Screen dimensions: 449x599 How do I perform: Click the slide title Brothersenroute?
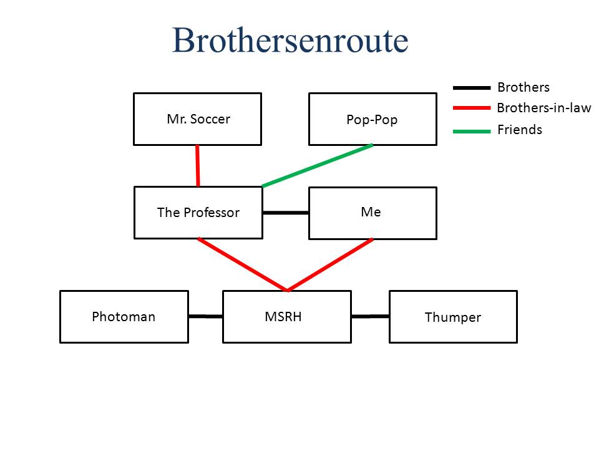click(x=290, y=41)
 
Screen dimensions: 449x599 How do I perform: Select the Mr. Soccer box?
click(x=197, y=119)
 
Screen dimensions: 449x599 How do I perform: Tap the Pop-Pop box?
click(x=373, y=119)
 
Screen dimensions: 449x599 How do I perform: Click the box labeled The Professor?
click(x=198, y=213)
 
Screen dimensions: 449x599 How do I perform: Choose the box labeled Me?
click(x=373, y=213)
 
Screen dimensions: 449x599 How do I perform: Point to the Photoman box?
click(x=124, y=317)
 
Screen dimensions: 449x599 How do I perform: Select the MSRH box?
click(x=286, y=317)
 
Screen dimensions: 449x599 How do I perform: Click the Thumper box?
click(x=453, y=317)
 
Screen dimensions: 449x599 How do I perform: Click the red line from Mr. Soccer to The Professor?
click(x=198, y=166)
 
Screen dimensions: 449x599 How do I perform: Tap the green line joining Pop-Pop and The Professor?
click(x=318, y=165)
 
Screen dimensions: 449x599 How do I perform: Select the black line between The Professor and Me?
click(x=285, y=213)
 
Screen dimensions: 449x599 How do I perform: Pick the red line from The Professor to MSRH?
click(x=242, y=264)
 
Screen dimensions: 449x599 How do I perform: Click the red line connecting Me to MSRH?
click(x=330, y=264)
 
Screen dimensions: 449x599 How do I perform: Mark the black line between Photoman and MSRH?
click(x=205, y=316)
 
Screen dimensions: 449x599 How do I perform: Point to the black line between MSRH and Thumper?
click(x=369, y=316)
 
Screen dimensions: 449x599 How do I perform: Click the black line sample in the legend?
click(x=471, y=88)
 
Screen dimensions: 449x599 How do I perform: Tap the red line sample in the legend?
click(x=471, y=108)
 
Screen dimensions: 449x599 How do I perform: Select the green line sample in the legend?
click(x=471, y=130)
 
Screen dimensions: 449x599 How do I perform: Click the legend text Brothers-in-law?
click(x=543, y=108)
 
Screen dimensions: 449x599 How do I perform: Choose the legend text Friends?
click(x=519, y=130)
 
